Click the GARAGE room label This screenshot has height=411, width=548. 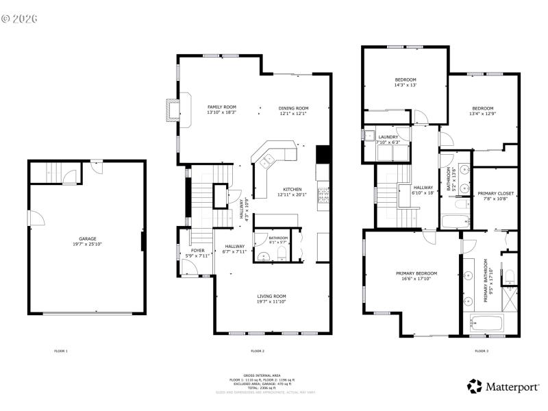coord(87,238)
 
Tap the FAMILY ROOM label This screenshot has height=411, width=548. coord(221,107)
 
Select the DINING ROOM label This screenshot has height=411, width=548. coord(293,108)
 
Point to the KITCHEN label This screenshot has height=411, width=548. coord(292,189)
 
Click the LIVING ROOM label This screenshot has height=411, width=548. coord(271,295)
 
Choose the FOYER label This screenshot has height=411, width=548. coord(197,251)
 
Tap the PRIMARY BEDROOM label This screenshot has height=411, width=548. coord(416,273)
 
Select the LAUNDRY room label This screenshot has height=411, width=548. coord(388,137)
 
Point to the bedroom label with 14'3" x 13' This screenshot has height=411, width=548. coord(405,80)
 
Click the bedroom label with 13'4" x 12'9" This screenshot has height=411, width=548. coord(482,108)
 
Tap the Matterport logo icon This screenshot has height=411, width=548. coord(475,386)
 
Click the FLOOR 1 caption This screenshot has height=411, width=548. coord(61,351)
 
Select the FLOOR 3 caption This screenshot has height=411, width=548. coord(482,351)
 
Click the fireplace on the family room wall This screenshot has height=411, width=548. coord(171,109)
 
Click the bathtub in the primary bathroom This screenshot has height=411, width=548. coord(488,323)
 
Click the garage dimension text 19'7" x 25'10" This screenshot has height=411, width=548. coord(87,244)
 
